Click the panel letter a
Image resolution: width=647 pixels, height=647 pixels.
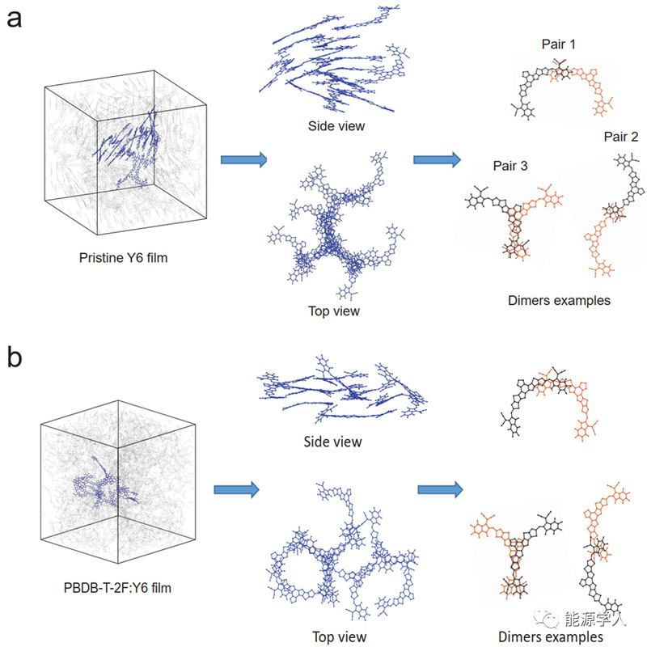point(14,19)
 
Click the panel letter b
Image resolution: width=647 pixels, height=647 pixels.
point(15,357)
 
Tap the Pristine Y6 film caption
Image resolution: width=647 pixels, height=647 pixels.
point(124,258)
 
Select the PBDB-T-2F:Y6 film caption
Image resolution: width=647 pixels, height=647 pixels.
point(117,588)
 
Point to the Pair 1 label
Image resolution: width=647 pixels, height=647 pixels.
point(558,44)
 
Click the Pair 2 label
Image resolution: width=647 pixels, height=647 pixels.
point(620,137)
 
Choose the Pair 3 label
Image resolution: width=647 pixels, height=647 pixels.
point(510,166)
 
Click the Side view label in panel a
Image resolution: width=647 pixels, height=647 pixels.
point(336,126)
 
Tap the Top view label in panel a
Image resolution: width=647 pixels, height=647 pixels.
point(334,311)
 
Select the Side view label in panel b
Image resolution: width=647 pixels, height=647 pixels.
point(332,442)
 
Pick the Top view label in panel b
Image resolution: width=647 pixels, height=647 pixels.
point(339,636)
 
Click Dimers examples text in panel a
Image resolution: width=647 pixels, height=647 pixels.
point(559,300)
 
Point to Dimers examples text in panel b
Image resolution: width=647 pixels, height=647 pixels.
point(551,636)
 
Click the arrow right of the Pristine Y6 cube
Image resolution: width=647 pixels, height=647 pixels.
point(244,159)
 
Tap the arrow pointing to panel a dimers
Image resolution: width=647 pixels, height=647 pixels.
point(437,159)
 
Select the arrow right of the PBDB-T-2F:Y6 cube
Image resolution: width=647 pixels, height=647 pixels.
point(236,490)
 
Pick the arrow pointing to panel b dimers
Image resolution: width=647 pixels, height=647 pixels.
point(440,490)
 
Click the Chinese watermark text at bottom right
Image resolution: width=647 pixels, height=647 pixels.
point(595,619)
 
